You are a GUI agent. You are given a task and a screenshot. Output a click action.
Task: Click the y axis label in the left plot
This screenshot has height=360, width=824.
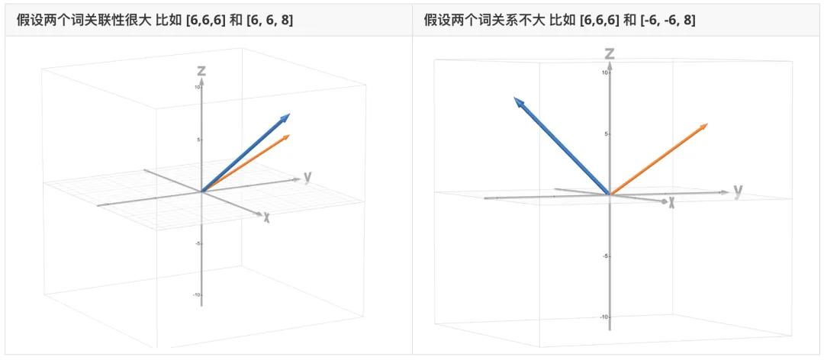(x=307, y=178)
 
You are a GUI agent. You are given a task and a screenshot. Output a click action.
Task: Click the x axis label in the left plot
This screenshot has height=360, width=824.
(x=266, y=217)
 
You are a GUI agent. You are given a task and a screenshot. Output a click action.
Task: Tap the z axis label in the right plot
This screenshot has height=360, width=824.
(x=610, y=53)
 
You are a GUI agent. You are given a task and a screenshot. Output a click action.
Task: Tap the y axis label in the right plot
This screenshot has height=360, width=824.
(x=738, y=191)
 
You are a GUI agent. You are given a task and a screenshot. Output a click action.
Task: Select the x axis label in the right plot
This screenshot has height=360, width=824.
(x=671, y=203)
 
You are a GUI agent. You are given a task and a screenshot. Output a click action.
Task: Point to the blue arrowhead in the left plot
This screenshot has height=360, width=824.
(x=285, y=118)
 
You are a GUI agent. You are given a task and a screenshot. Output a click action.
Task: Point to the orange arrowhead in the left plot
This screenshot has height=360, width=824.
(x=286, y=138)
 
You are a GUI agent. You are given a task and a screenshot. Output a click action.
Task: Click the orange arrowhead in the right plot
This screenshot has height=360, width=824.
(x=703, y=127)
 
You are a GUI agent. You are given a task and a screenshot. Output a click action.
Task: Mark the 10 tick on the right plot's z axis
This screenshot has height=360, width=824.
(x=605, y=72)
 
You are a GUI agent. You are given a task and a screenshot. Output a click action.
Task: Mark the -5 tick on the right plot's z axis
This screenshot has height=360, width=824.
(x=605, y=256)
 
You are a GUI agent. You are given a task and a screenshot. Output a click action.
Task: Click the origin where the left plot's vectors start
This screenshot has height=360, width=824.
(x=201, y=191)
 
